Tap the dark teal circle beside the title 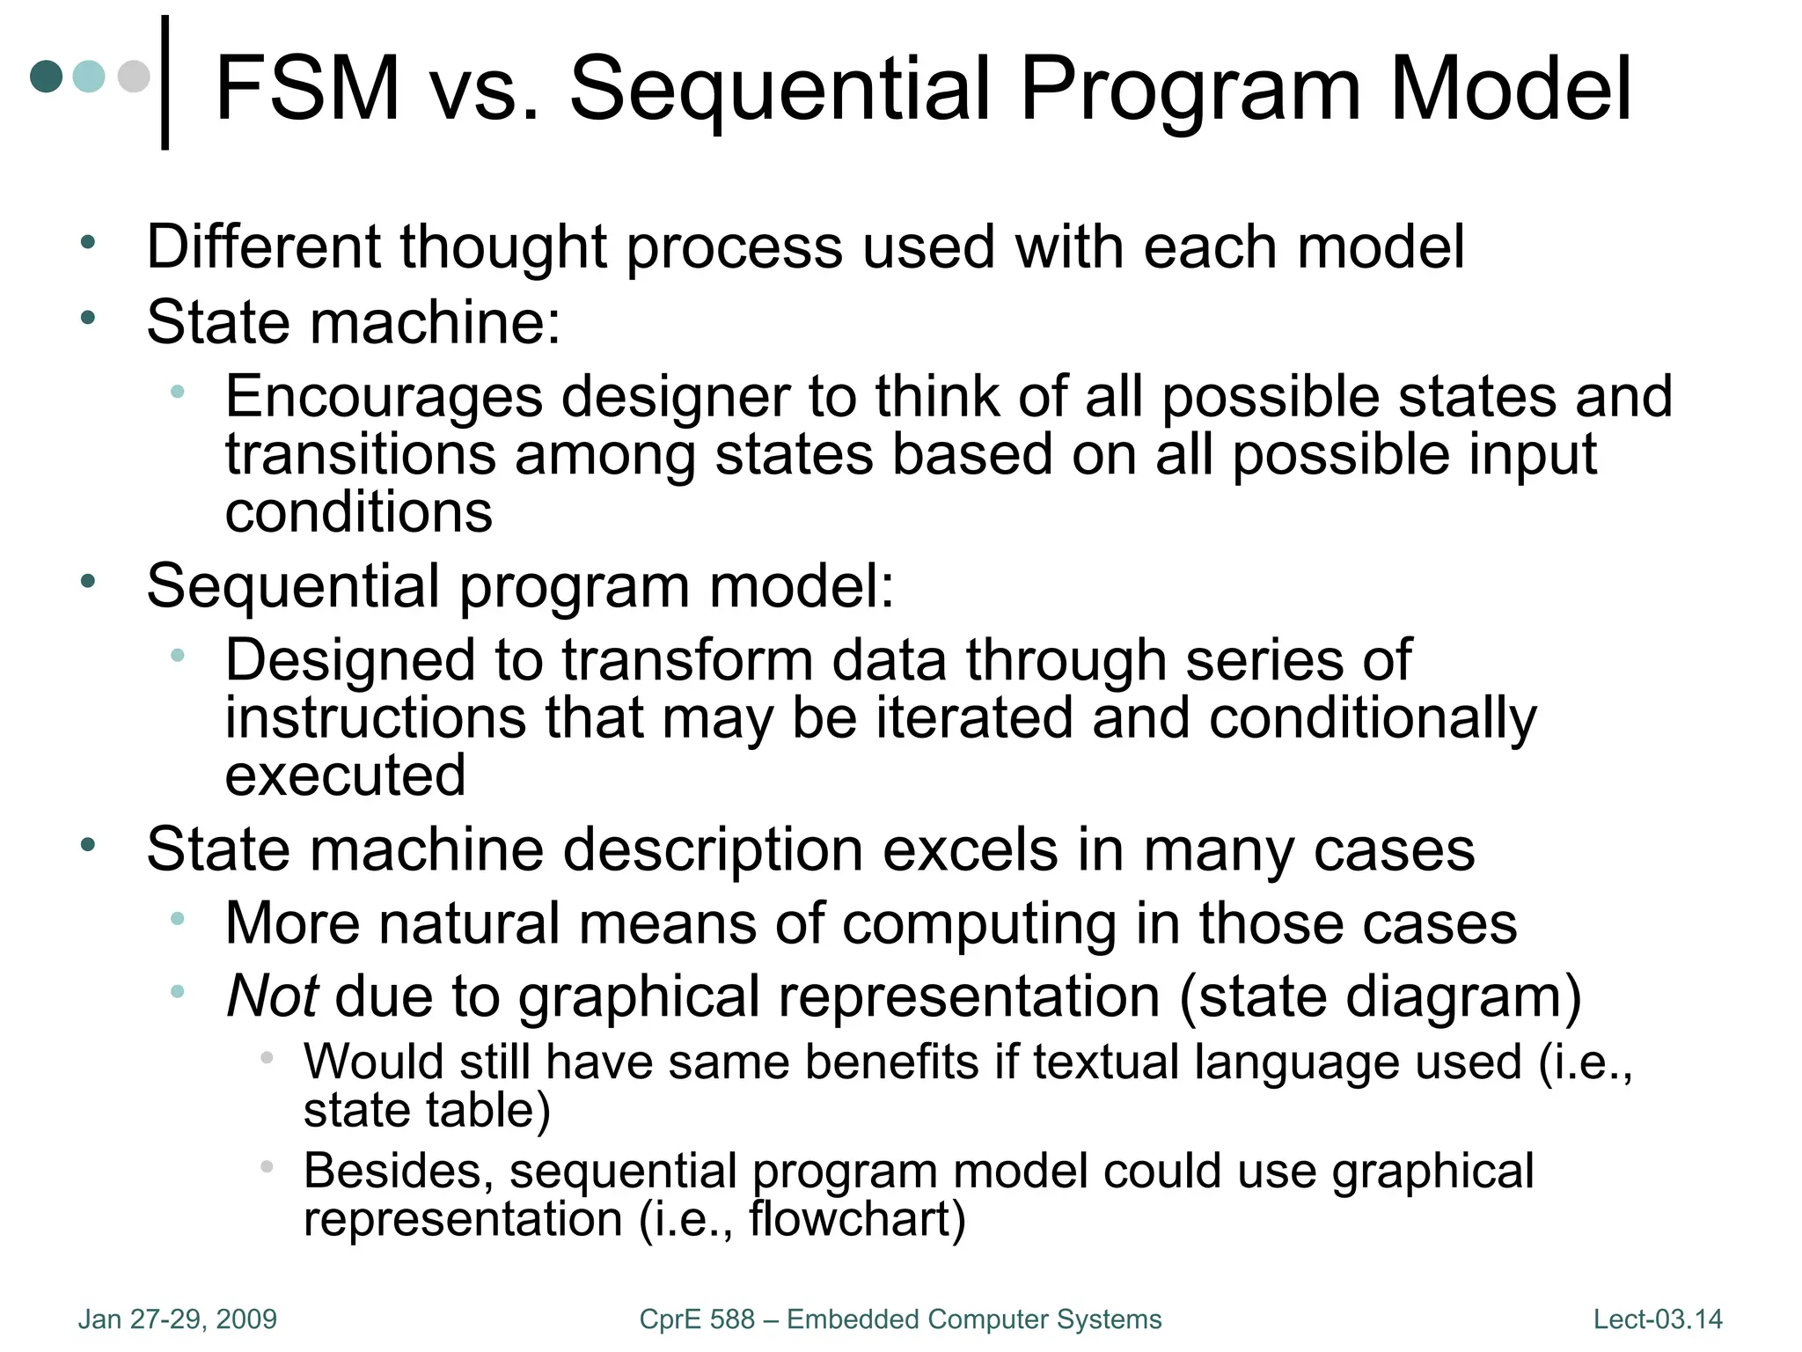47,76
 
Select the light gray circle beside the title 134,76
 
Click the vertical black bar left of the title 165,83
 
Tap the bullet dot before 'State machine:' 87,318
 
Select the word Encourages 384,396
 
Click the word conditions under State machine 358,512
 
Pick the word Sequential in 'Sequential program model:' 293,586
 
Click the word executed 345,775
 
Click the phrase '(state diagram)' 1380,996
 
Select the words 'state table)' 427,1110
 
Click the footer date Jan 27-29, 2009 178,1319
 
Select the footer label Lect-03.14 1658,1319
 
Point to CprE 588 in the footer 697,1319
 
